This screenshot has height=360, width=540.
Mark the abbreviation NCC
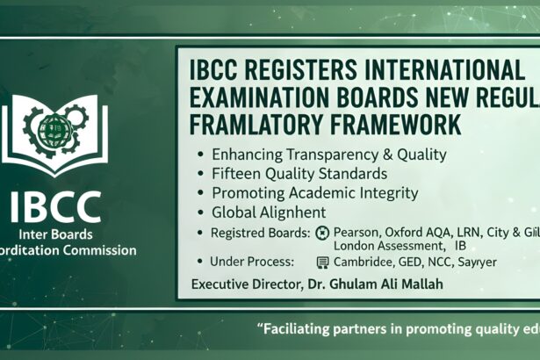pos(450,262)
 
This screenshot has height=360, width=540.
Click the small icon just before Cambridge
pos(322,263)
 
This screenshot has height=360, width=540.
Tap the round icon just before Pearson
pos(322,234)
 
